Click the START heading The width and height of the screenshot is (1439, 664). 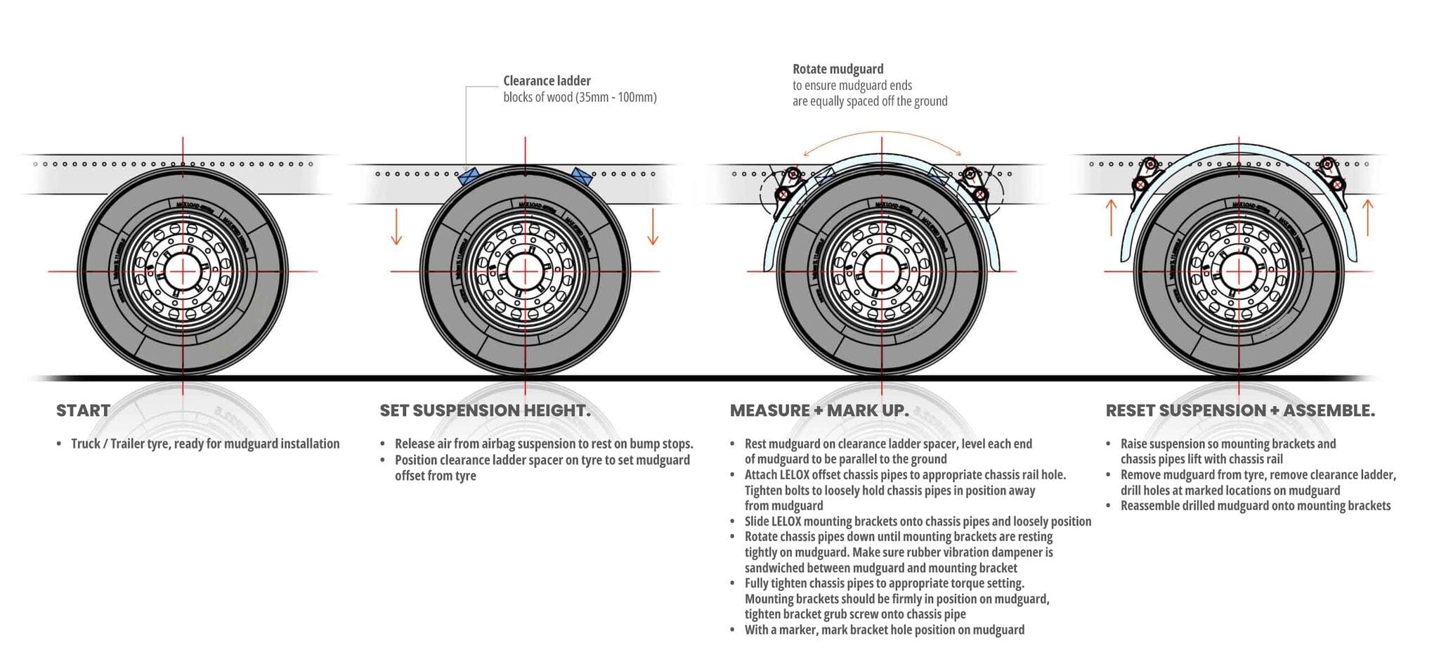pos(83,410)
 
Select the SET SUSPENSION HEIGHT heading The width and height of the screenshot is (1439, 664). pos(485,410)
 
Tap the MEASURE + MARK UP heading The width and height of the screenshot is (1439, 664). pos(819,410)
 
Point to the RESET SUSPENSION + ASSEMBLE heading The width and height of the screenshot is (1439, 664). pos(1240,410)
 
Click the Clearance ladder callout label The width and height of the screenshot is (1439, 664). pos(547,81)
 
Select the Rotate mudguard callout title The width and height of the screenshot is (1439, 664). pos(838,69)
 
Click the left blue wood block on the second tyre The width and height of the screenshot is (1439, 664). pos(469,176)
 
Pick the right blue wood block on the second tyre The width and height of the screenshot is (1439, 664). pos(581,176)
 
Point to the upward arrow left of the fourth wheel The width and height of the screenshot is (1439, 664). pos(1111,216)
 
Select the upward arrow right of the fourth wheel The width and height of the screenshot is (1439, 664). pos(1367,216)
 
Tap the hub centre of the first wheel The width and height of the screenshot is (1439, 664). pos(183,271)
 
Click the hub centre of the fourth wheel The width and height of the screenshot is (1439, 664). pos(1239,271)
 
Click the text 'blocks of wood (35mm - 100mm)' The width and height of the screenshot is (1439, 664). pos(580,97)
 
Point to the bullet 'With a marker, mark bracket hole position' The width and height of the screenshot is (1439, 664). pos(884,630)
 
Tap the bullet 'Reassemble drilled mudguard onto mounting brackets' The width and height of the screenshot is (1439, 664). pos(1255,505)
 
